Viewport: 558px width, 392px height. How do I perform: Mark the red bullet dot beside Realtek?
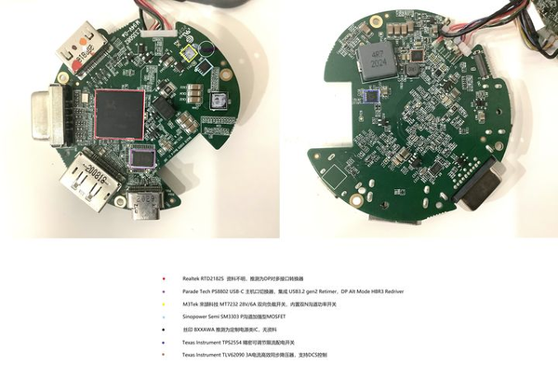coord(164,278)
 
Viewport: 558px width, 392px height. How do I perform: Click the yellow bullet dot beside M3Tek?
coord(164,304)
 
